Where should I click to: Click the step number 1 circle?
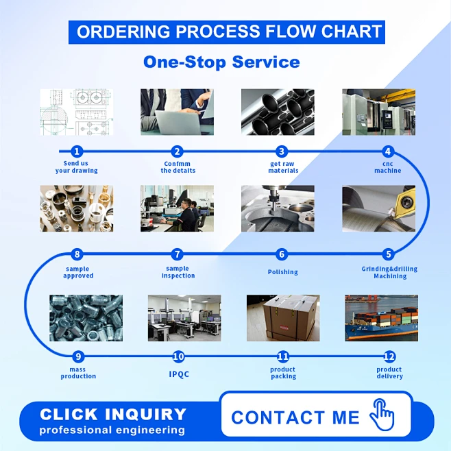77,151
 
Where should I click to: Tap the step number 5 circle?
389,254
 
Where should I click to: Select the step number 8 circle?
77,254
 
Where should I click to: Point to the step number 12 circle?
389,356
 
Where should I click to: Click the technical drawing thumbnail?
76,112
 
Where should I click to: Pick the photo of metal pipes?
278,112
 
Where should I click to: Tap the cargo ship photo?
381,318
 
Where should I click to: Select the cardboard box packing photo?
283,318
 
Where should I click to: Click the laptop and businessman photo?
177,112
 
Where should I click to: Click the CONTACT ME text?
295,417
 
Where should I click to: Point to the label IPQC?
179,374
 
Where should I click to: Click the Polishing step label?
282,272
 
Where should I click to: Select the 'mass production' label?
78,373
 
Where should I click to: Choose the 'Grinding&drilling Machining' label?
389,272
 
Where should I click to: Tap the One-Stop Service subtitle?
221,62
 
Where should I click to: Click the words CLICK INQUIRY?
113,414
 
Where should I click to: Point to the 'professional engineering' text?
112,430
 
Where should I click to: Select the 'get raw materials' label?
283,167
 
